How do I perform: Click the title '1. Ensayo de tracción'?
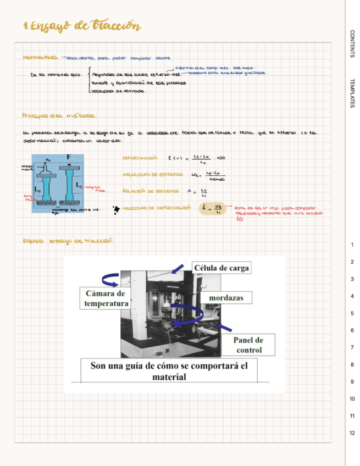81,27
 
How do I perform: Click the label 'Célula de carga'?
221,268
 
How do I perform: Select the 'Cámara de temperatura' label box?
106,298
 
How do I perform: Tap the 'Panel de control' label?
248,345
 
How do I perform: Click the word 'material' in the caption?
169,377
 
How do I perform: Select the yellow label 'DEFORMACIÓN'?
140,158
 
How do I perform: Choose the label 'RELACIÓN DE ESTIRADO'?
151,191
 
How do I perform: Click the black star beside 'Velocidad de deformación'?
115,209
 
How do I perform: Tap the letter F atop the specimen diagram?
69,157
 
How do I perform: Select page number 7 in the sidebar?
352,348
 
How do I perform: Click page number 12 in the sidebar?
352,433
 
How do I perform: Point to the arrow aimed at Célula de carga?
178,269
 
